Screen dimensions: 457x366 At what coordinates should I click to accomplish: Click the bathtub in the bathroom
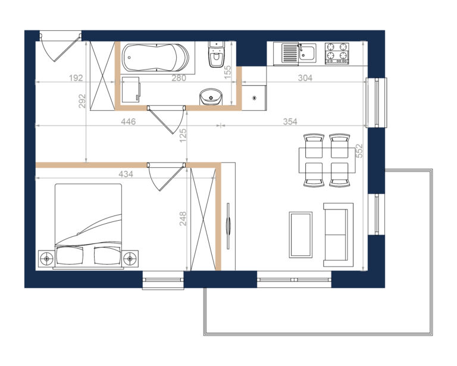coord(155,57)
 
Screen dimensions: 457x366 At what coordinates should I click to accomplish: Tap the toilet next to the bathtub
coord(216,54)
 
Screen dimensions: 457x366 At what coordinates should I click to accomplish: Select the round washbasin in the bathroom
coord(211,97)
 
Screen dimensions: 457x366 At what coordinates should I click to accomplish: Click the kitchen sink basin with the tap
coord(308,53)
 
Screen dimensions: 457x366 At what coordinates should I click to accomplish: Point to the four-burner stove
coord(337,53)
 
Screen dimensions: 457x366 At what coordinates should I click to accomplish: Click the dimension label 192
coord(76,78)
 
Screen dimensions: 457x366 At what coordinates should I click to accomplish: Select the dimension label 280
coord(179,78)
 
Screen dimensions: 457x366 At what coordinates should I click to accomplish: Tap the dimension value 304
coord(305,78)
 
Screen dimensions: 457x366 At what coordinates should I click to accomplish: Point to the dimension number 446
coord(129,121)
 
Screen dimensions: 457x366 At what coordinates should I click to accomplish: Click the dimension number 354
coord(290,121)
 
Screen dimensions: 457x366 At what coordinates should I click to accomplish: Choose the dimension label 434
coord(126,174)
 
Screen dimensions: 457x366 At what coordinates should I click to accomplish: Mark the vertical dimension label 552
coord(359,151)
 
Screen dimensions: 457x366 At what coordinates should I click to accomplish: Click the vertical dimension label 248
coord(183,218)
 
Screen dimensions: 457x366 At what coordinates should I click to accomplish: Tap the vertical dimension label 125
coord(183,136)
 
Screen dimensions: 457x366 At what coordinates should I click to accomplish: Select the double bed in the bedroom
coord(88,226)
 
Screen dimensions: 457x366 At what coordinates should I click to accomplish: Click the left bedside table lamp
coord(46,258)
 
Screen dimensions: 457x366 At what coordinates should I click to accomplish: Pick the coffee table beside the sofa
coord(301,235)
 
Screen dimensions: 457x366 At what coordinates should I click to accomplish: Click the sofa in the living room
coord(338,235)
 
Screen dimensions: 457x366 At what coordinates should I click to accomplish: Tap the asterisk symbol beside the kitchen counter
coord(255,98)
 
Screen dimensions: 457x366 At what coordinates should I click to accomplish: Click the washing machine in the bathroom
coord(131,90)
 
